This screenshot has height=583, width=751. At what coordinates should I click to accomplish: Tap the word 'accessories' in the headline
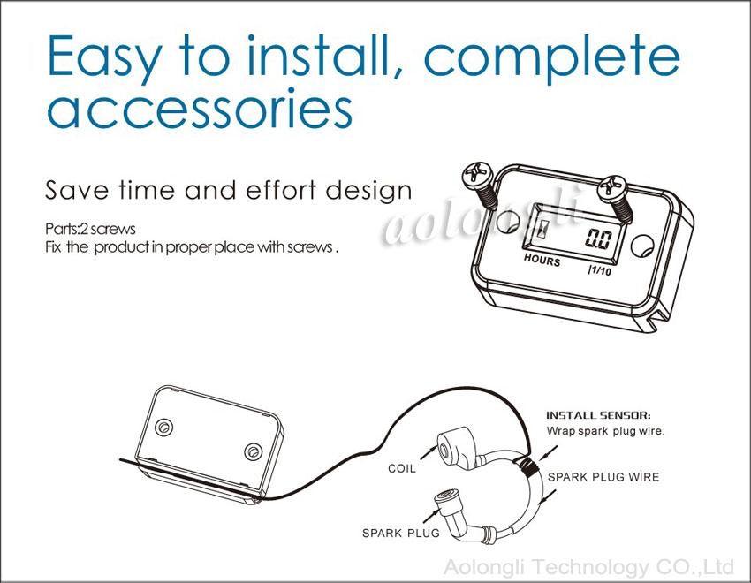200,109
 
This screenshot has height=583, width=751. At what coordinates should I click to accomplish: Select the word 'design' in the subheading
368,191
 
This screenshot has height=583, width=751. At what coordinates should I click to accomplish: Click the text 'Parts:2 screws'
90,229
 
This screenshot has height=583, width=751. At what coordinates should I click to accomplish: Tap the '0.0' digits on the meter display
599,238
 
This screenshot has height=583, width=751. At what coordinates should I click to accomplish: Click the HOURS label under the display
542,260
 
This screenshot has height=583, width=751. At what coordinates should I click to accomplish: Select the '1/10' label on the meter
600,270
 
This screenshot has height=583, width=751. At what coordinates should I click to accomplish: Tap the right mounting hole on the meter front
641,246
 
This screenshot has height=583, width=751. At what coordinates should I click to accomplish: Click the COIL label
402,468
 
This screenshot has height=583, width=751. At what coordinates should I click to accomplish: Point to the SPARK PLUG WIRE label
603,477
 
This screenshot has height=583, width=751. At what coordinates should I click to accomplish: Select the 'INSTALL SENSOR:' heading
598,415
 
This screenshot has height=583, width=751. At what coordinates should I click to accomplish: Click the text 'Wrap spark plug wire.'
605,431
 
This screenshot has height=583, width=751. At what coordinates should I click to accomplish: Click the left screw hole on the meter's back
163,428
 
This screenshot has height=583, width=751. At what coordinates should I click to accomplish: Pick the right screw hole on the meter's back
252,452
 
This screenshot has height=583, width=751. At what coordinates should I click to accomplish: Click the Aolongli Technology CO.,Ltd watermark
588,567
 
